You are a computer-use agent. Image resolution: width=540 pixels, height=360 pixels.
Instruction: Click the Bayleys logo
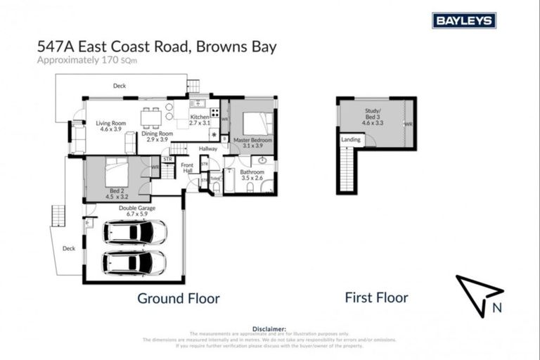coord(464,20)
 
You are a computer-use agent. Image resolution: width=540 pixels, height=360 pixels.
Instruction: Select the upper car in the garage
coord(134,232)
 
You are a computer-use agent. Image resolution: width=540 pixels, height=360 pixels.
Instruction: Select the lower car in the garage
coord(134,262)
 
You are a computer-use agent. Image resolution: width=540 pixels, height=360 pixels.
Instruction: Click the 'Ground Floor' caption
coord(178,298)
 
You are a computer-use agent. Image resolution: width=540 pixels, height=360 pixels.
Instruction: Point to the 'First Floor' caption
coord(376,297)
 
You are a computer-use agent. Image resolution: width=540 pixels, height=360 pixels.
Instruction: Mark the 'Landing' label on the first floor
coord(351,139)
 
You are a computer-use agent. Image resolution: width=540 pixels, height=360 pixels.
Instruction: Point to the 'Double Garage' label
coord(136,209)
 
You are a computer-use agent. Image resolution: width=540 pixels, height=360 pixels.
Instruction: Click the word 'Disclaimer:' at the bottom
coord(269,328)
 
